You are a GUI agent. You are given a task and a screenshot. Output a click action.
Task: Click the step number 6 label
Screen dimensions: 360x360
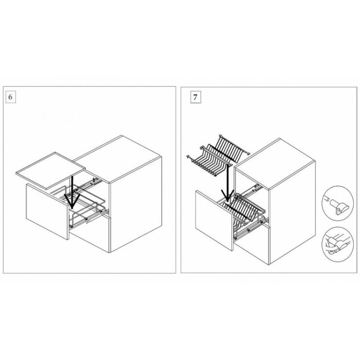pos(11,97)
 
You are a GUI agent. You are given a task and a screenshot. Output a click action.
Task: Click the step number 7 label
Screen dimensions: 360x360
pos(195,97)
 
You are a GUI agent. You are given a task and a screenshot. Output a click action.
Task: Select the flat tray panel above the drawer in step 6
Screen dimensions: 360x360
pos(50,170)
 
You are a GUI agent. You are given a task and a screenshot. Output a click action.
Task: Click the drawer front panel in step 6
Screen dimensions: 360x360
pos(48,212)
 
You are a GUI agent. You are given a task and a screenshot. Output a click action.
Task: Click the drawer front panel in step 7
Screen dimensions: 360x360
pos(215,220)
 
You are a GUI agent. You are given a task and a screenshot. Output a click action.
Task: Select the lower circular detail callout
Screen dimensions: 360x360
pos(337,244)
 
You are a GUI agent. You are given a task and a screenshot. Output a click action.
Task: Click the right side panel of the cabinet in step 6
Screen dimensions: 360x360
pos(136,204)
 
